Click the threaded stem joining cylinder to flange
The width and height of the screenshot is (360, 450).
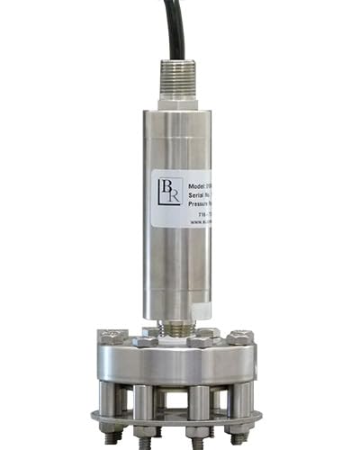(x=177, y=328)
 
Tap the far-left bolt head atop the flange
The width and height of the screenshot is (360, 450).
(x=113, y=337)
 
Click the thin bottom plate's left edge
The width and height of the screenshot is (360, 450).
(x=96, y=418)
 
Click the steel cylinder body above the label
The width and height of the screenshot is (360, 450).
(x=176, y=139)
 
